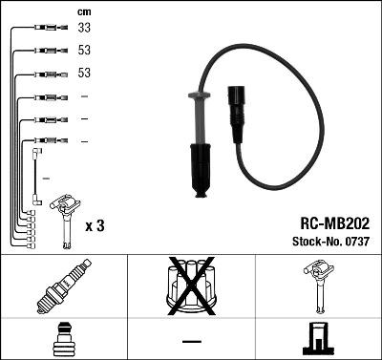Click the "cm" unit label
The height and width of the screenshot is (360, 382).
pos(84,12)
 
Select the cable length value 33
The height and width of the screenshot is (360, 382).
pos(85,30)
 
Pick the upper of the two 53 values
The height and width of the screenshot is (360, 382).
pos(85,51)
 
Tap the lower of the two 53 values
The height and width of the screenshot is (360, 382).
pos(85,74)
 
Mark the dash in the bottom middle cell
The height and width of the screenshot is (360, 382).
pos(191,340)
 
